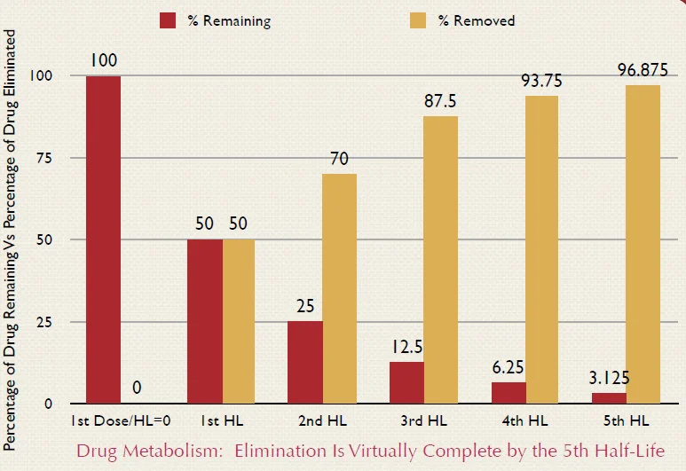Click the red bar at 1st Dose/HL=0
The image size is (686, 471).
point(103,239)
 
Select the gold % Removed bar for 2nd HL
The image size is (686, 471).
point(340,288)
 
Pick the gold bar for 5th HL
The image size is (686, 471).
point(643,244)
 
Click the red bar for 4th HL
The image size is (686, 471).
point(508,393)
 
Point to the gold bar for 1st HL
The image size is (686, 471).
point(238,321)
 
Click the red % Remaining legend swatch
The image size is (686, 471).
point(168,20)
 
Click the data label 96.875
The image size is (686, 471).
point(642,68)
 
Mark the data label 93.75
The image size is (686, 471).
point(541,80)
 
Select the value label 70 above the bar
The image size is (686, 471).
point(339,160)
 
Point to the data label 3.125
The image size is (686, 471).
point(608,379)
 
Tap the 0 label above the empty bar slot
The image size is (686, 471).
point(138,389)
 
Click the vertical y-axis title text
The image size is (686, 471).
point(12,239)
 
